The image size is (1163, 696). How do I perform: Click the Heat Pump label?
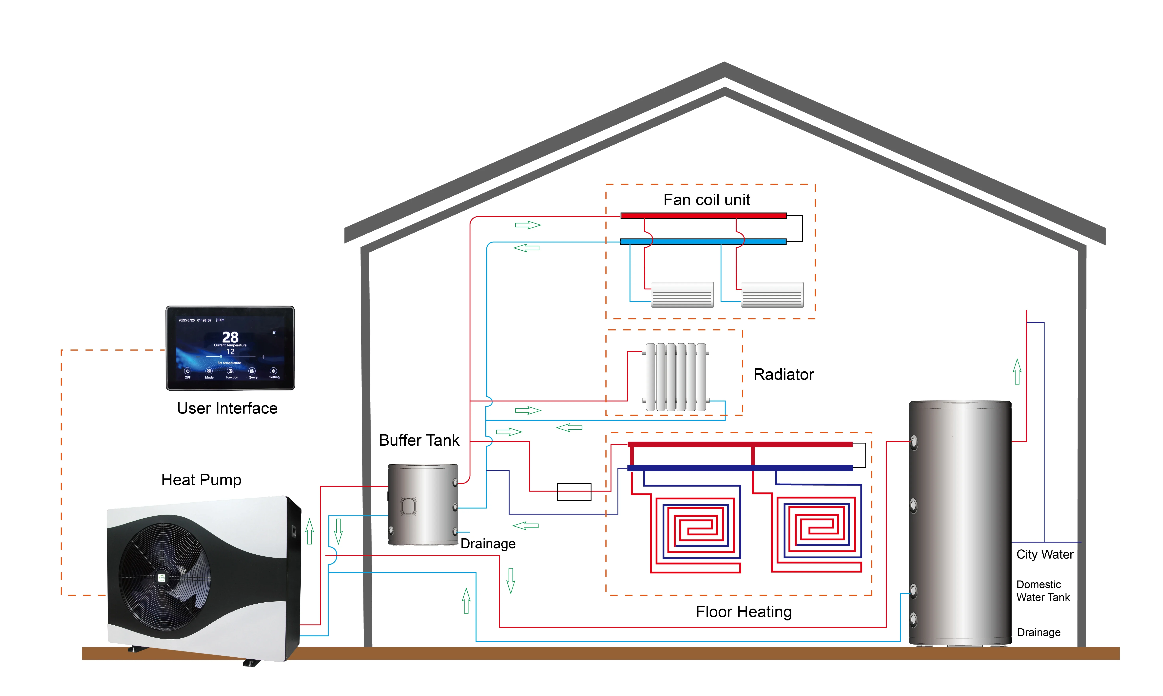coord(201,480)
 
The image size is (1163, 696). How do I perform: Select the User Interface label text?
coord(227,408)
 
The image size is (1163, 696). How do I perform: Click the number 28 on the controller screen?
coord(230,337)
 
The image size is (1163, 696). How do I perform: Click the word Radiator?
coord(783,374)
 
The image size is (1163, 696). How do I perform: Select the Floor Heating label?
coord(743,612)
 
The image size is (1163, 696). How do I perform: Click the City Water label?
coord(1045,554)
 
